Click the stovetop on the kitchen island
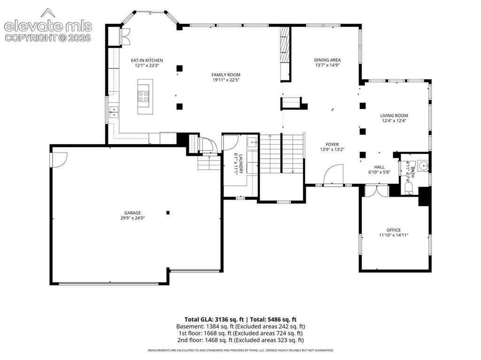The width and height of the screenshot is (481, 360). [144, 96]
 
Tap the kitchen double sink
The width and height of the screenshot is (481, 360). [114, 112]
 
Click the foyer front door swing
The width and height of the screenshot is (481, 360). [334, 174]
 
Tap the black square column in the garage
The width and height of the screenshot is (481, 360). [168, 213]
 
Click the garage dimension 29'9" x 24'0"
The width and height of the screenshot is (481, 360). [132, 218]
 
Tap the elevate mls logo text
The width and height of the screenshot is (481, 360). [48, 26]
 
